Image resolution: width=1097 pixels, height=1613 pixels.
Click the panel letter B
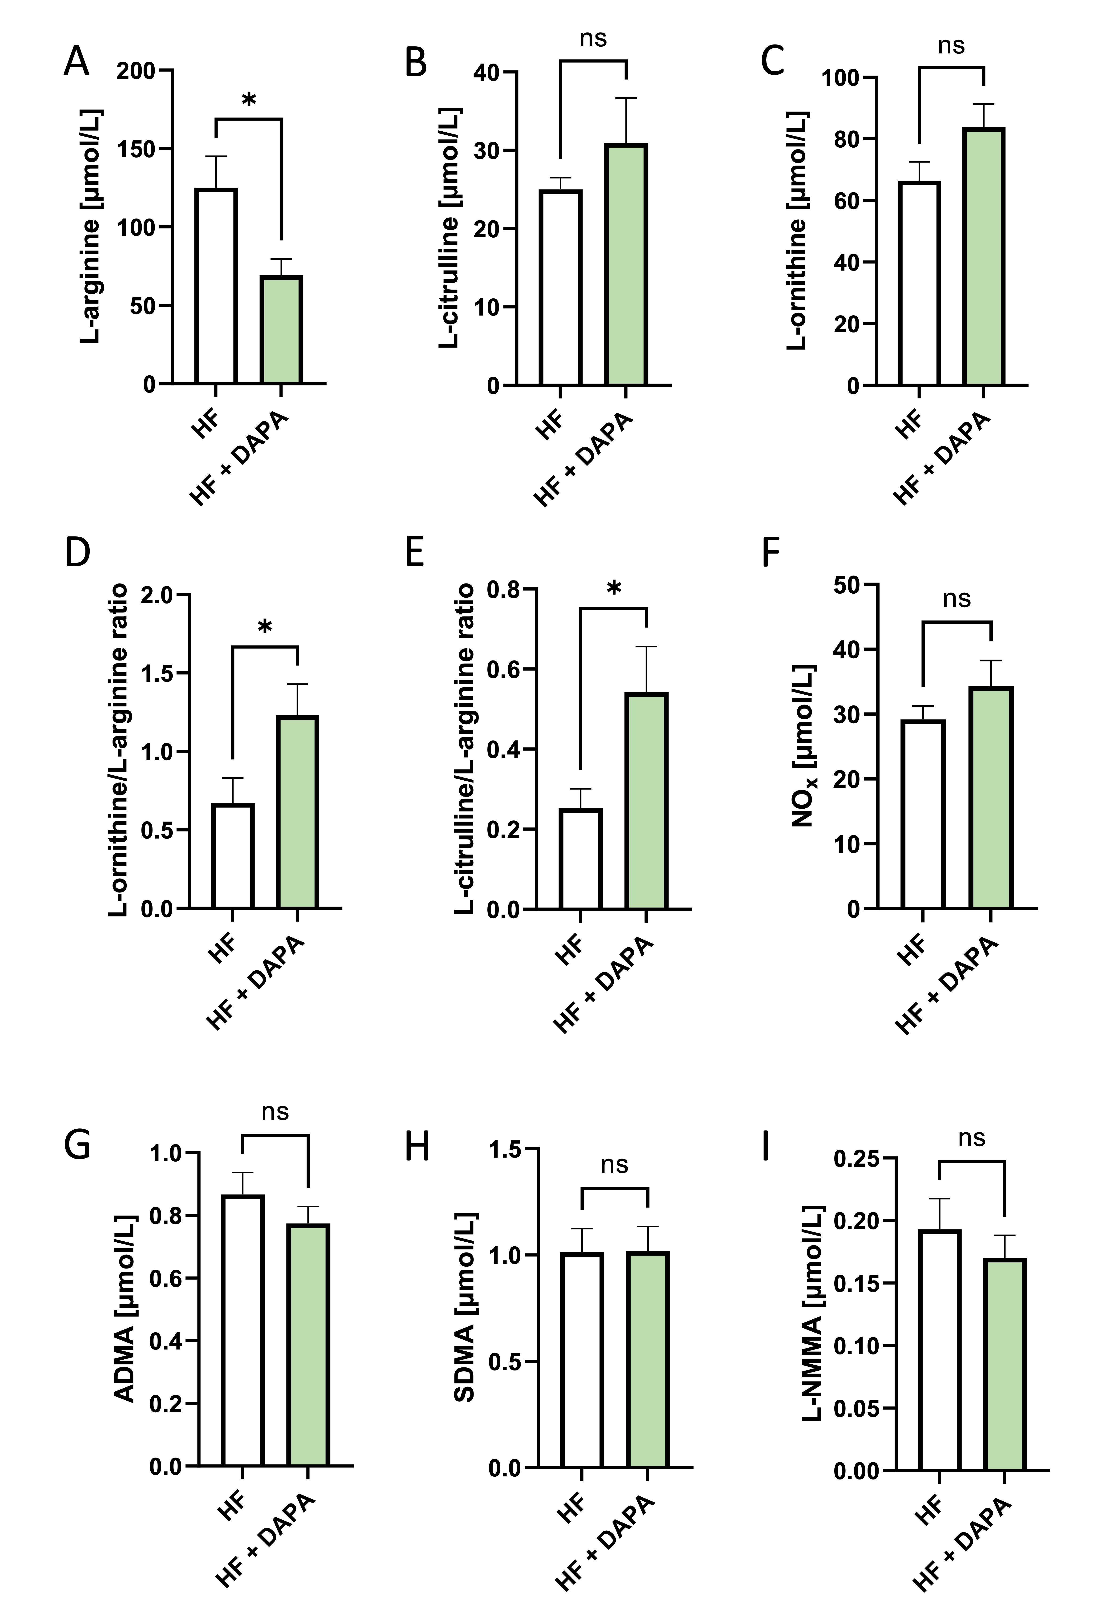(416, 62)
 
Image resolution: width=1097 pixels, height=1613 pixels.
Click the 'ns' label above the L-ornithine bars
(951, 46)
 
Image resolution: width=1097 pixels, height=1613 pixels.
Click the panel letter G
(77, 1146)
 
